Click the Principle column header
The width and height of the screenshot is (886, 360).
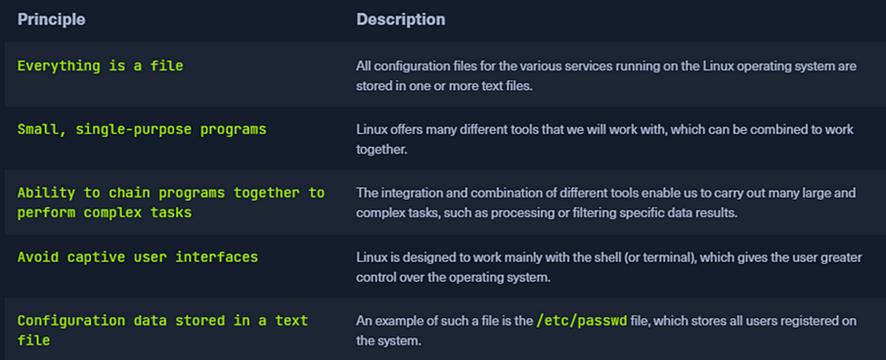(x=52, y=18)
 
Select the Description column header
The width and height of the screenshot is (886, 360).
(x=401, y=18)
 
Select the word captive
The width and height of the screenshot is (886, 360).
(x=95, y=256)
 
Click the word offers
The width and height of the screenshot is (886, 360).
(x=412, y=129)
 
